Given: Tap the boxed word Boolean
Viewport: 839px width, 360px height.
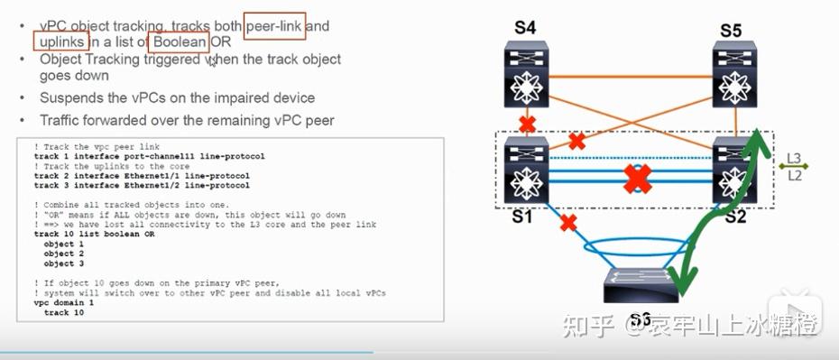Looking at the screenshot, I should click(180, 42).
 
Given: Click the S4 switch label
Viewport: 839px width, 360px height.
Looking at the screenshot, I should click(525, 29).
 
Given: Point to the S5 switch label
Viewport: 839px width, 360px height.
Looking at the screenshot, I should click(731, 32).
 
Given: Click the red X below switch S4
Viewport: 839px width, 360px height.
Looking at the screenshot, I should click(525, 122).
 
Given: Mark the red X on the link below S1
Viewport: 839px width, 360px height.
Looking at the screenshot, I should click(567, 222).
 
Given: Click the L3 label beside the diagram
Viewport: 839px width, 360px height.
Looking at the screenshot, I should click(794, 159).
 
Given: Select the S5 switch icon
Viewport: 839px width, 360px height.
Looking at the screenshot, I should click(734, 77).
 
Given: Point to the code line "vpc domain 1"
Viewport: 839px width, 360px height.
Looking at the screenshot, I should click(64, 304).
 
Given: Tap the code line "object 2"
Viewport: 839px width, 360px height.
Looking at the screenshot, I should click(64, 254).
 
